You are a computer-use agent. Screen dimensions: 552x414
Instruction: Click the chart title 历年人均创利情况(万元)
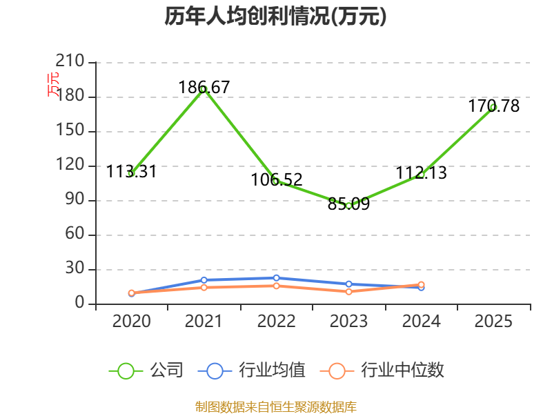pyautogui.click(x=275, y=16)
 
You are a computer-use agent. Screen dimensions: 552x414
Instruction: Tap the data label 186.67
pyautogui.click(x=204, y=87)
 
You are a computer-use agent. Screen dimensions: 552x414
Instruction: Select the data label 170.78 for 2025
pyautogui.click(x=493, y=106)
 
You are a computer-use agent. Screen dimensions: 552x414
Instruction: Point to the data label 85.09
pyautogui.click(x=348, y=204)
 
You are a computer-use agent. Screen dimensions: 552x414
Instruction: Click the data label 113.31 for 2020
pyautogui.click(x=131, y=171)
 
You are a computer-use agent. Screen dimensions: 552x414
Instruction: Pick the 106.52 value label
pyautogui.click(x=277, y=179)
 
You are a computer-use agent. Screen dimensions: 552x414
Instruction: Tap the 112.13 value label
pyautogui.click(x=422, y=172)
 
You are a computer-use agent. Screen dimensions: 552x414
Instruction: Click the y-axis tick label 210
pyautogui.click(x=70, y=61)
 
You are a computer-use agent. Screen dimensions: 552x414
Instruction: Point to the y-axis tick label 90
pyautogui.click(x=75, y=199)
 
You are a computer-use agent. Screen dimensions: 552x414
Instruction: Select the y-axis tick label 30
pyautogui.click(x=75, y=268)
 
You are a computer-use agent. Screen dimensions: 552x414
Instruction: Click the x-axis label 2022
pyautogui.click(x=277, y=321)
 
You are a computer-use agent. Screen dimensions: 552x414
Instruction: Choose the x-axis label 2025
pyautogui.click(x=493, y=321)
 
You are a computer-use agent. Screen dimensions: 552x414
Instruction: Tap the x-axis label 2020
pyautogui.click(x=131, y=321)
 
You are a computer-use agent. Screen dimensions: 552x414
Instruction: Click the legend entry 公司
pyautogui.click(x=146, y=371)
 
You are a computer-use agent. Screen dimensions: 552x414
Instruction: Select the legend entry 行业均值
pyautogui.click(x=252, y=371)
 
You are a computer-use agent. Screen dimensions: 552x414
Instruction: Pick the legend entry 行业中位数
pyautogui.click(x=382, y=371)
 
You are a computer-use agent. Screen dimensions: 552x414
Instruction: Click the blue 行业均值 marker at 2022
pyautogui.click(x=277, y=278)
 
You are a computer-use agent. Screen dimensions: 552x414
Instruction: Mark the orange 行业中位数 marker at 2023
pyautogui.click(x=348, y=292)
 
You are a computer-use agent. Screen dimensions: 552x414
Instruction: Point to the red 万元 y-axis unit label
pyautogui.click(x=53, y=84)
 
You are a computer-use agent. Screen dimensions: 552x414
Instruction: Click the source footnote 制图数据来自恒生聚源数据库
pyautogui.click(x=275, y=407)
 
